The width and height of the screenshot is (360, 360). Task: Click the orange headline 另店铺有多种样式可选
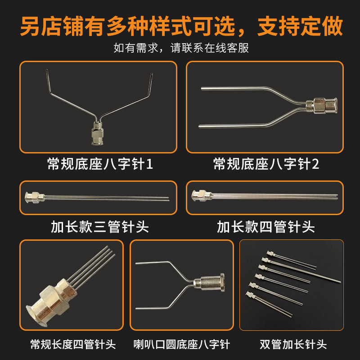(x=128, y=26)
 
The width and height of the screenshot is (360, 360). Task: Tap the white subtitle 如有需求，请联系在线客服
(x=181, y=48)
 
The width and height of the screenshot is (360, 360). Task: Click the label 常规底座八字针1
(x=100, y=164)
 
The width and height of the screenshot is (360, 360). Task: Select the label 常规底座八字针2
(x=266, y=164)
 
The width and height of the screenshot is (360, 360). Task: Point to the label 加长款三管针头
(x=100, y=227)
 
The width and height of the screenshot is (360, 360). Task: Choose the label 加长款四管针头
(x=266, y=227)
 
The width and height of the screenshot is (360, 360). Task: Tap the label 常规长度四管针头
(x=73, y=344)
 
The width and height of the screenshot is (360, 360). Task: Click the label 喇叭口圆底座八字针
(x=182, y=344)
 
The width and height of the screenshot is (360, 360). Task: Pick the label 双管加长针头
(x=293, y=344)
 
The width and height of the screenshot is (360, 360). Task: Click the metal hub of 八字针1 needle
(x=97, y=133)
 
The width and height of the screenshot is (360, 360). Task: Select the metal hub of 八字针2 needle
(x=321, y=105)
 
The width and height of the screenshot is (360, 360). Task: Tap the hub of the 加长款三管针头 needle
(x=35, y=197)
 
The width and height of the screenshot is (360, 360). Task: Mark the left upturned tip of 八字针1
(x=47, y=70)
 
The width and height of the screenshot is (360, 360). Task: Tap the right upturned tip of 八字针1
(x=152, y=74)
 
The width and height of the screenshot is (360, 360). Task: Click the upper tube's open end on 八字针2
(x=202, y=88)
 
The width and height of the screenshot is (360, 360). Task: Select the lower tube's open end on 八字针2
(x=199, y=126)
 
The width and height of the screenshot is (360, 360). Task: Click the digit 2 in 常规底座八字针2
(x=315, y=164)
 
